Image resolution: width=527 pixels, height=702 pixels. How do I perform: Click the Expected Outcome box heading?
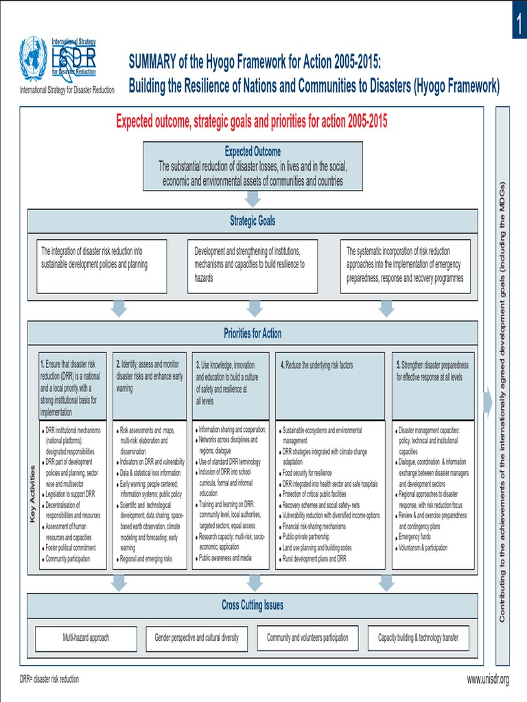pos(253,152)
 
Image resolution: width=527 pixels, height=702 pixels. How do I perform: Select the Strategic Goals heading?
pos(253,221)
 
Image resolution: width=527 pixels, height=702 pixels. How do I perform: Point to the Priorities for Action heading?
pos(253,334)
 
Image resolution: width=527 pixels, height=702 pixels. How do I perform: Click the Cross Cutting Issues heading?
pos(253,605)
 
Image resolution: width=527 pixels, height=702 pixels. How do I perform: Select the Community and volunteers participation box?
pos(307,638)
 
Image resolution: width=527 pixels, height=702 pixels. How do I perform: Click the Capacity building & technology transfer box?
pos(419,638)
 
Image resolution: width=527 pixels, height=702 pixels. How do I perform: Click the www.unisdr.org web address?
pos(488,679)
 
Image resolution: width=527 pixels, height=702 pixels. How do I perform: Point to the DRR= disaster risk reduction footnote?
pos(49,679)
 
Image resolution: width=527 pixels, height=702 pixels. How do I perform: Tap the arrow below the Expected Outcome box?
pos(253,198)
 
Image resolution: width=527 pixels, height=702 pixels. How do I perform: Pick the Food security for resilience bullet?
pos(307,473)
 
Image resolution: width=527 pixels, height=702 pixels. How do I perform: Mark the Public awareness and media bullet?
pos(224,558)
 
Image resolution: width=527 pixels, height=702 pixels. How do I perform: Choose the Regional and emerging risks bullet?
pos(145,559)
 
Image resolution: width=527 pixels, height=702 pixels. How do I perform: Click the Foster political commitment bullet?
pos(70,548)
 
